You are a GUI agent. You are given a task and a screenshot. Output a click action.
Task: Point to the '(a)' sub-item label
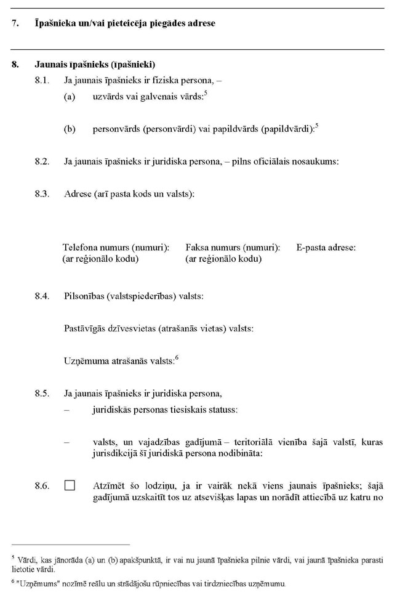tap(70, 97)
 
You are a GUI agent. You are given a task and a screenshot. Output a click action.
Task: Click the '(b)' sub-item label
tap(70, 129)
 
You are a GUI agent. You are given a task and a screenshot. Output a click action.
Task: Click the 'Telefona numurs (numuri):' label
tap(116, 248)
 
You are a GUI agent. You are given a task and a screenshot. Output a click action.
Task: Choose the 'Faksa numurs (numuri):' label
tap(233, 248)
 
